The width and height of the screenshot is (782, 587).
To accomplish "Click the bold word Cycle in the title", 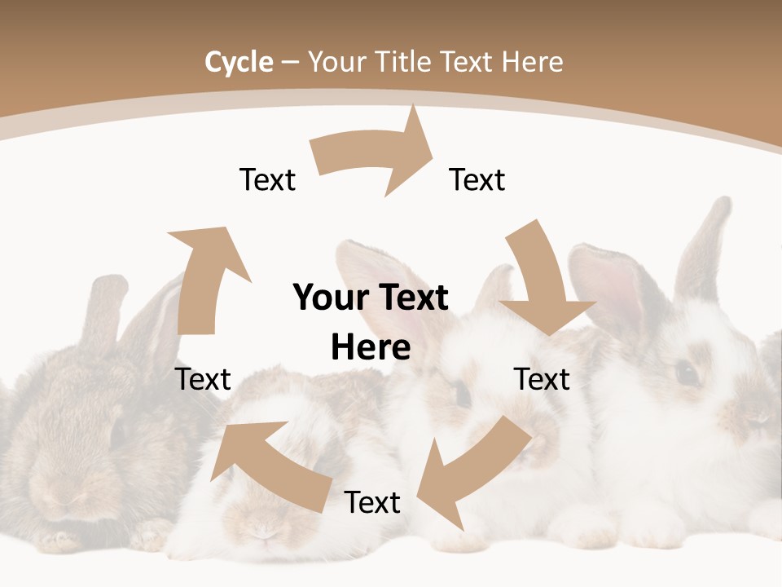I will tap(239, 62).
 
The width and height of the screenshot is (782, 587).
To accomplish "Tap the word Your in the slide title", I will tap(336, 62).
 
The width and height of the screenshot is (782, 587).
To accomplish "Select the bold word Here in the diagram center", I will tap(371, 348).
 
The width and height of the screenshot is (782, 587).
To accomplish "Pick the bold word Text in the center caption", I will tap(411, 298).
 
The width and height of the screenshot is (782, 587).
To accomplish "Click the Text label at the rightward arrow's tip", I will tap(477, 179).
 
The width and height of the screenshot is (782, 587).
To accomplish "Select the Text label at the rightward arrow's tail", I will tap(267, 179).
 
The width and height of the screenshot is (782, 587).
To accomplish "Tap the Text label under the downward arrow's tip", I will tap(542, 379).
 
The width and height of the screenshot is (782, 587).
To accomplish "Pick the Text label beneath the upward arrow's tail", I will tap(203, 379).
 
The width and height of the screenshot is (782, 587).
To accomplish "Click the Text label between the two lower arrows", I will tap(372, 502).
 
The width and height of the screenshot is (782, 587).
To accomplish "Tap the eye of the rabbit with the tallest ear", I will tap(687, 373).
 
